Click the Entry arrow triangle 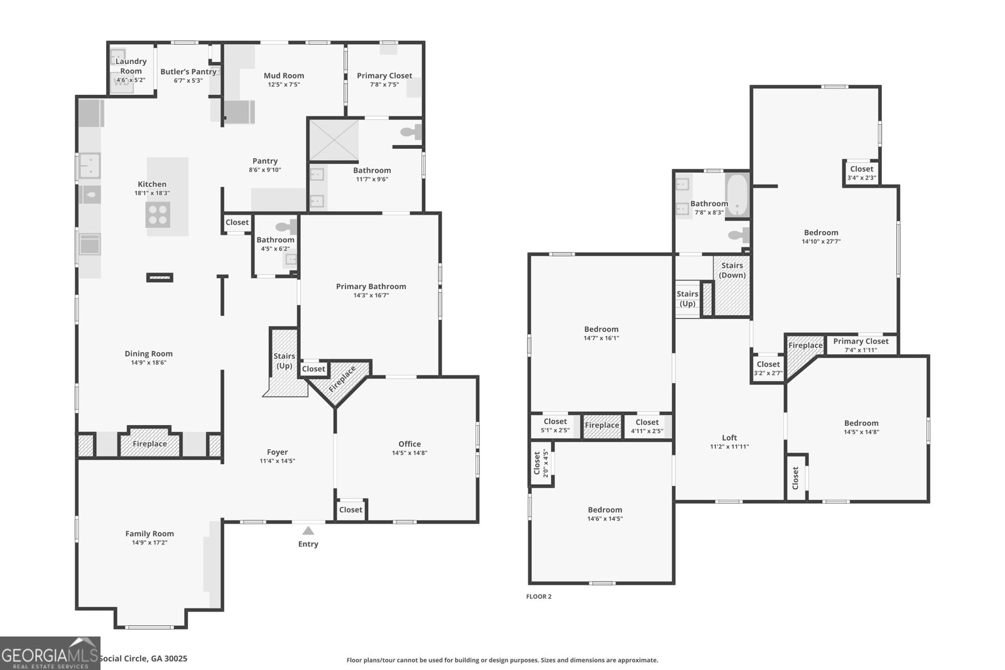click(308, 530)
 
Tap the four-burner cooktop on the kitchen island click(158, 215)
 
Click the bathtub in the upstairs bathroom click(737, 195)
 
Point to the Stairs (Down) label click(732, 271)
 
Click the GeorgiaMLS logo click(50, 653)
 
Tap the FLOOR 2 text click(538, 597)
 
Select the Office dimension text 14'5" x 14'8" click(410, 453)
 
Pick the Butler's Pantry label click(188, 72)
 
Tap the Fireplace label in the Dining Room click(149, 443)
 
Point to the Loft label click(729, 438)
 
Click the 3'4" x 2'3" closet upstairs click(861, 173)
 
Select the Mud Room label click(284, 75)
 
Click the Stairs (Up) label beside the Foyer click(284, 360)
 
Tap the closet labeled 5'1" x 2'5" click(555, 426)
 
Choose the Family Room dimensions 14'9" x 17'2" click(149, 543)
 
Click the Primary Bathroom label click(371, 286)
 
